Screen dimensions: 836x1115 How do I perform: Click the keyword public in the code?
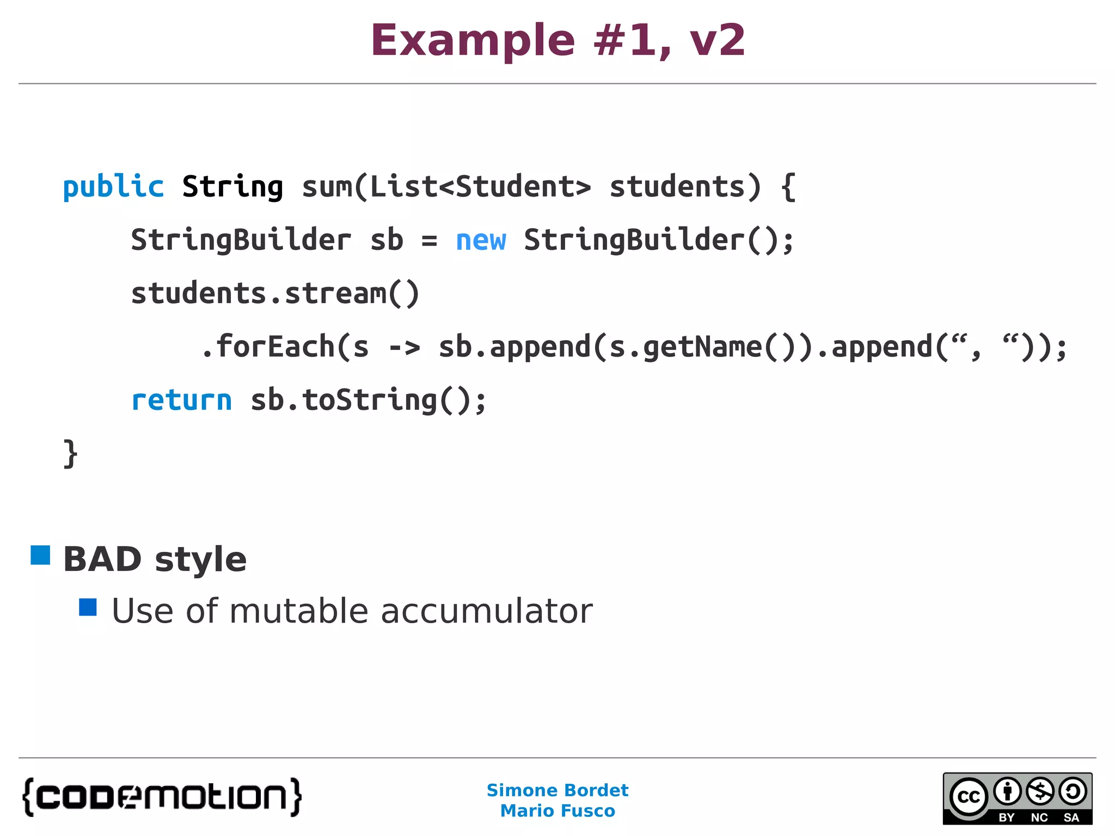[x=113, y=187]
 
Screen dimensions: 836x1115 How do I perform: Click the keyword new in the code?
[x=481, y=241]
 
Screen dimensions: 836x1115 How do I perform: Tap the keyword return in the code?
[x=182, y=401]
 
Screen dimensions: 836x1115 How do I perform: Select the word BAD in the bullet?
[x=103, y=560]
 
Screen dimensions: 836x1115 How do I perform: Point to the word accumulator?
[x=486, y=611]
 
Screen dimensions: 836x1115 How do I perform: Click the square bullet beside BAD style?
[x=40, y=555]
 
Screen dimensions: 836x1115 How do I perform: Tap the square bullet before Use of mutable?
[x=88, y=607]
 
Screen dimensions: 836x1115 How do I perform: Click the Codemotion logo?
[x=162, y=797]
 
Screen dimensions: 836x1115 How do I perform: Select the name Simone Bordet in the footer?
[x=557, y=790]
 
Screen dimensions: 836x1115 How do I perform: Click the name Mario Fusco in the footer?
[x=557, y=811]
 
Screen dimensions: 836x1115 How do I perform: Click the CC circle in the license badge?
[x=969, y=797]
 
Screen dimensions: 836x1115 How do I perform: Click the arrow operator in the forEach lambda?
[x=405, y=348]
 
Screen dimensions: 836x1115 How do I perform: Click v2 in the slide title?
[x=717, y=41]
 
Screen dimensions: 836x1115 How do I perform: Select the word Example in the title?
[x=473, y=41]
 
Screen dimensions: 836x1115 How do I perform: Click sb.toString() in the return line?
[x=368, y=401]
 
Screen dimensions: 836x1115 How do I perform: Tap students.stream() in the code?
[x=275, y=294]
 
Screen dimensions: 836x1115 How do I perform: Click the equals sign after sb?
[x=429, y=241]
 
